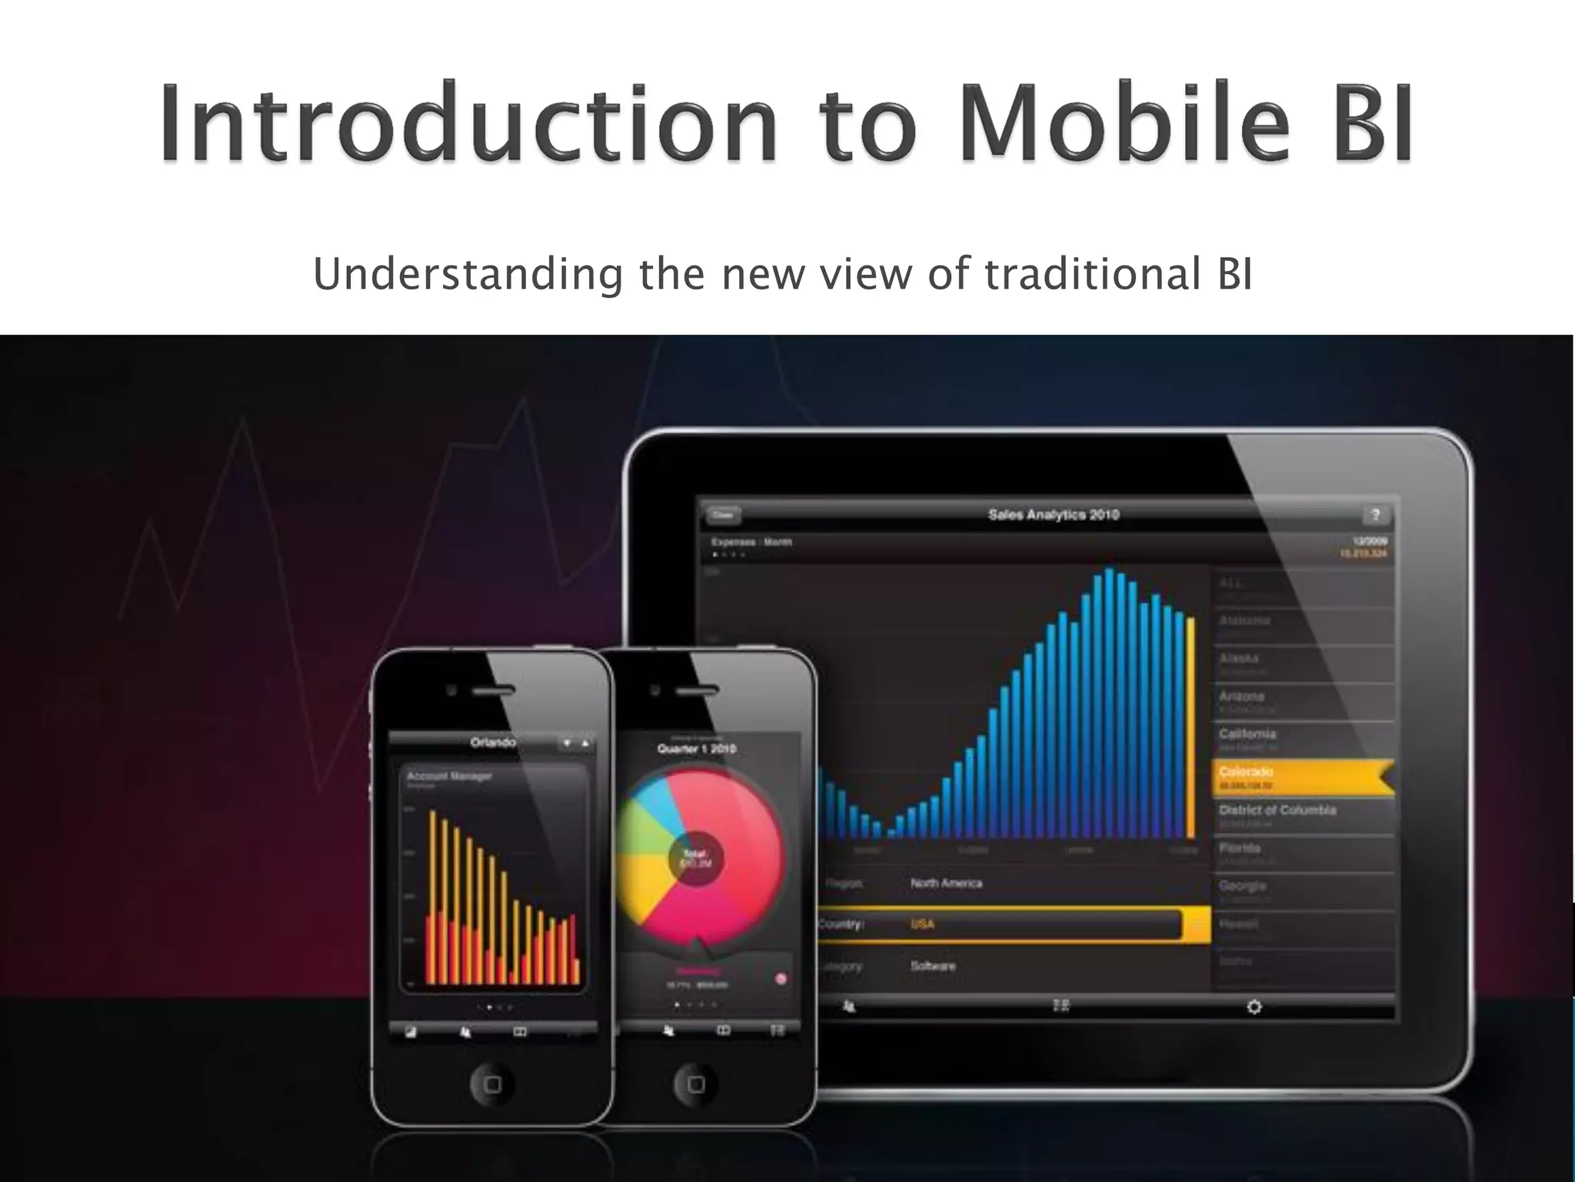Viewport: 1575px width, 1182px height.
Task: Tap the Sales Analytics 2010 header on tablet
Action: pyautogui.click(x=1053, y=515)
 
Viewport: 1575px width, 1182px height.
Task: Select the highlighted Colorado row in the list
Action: pyautogui.click(x=1300, y=777)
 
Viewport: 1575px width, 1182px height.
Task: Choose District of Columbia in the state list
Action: pyautogui.click(x=1277, y=810)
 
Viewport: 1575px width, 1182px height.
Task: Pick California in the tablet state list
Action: pyautogui.click(x=1247, y=734)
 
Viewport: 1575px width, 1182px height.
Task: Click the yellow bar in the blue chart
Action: pyautogui.click(x=1191, y=727)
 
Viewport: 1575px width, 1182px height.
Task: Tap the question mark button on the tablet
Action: pyautogui.click(x=1375, y=515)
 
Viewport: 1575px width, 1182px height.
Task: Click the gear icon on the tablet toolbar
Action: pyautogui.click(x=1254, y=1007)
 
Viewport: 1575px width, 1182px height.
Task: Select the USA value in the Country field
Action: pyautogui.click(x=922, y=924)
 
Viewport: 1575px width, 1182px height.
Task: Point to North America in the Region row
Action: pyautogui.click(x=946, y=883)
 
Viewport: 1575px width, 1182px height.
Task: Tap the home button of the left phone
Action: pyautogui.click(x=492, y=1084)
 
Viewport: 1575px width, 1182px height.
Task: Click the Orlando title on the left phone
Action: pyautogui.click(x=493, y=743)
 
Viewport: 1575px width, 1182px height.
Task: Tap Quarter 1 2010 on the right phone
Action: pyautogui.click(x=696, y=749)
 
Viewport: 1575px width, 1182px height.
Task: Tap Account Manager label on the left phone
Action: pyautogui.click(x=449, y=776)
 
